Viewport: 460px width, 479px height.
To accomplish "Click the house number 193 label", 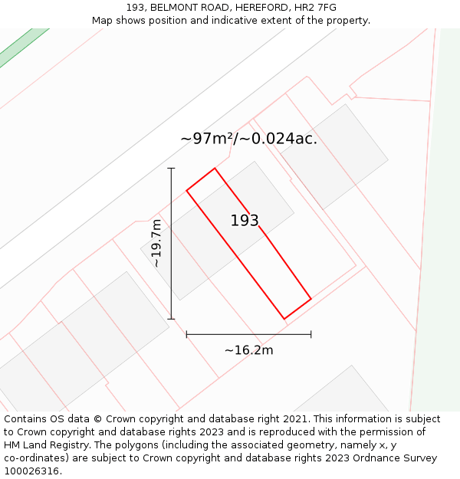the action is click(x=245, y=221).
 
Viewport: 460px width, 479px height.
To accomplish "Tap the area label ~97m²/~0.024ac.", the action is click(x=248, y=139).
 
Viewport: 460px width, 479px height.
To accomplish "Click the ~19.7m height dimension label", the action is click(x=156, y=243).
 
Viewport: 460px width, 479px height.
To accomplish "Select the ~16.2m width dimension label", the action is click(x=248, y=350).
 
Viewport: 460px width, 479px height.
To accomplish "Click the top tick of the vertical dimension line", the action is click(x=171, y=168).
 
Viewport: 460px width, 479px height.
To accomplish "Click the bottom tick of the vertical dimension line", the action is click(x=171, y=319).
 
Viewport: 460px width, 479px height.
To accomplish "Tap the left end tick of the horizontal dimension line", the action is click(x=186, y=334).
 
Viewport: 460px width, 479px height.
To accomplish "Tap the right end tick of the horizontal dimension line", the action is click(x=311, y=334).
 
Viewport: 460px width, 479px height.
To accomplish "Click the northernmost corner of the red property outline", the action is click(x=215, y=168).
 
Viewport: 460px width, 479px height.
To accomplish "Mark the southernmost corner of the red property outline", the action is click(x=284, y=319).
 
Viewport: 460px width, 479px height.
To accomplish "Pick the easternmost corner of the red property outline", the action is click(x=311, y=299).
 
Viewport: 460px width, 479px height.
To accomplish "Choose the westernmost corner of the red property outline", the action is click(x=186, y=189).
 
